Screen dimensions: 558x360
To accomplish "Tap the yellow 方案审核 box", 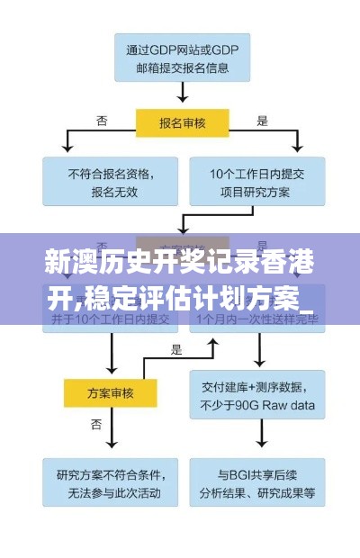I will click(x=112, y=391).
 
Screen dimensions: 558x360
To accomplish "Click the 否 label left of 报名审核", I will click(x=103, y=119).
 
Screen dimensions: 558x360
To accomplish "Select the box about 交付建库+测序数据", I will click(x=256, y=397).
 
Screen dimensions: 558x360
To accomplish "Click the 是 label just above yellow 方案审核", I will click(x=176, y=349).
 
